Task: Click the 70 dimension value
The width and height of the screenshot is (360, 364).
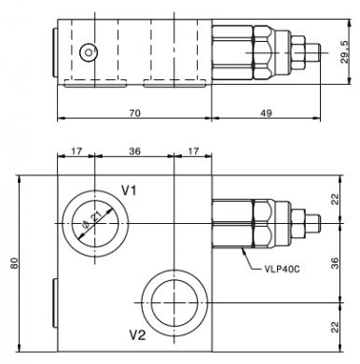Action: click(134, 113)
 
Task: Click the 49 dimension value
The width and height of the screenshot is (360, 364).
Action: click(266, 113)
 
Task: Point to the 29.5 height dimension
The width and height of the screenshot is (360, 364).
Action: click(345, 52)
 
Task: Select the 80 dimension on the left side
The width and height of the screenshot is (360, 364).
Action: click(14, 263)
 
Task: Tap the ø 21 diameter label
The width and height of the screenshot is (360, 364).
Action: click(90, 222)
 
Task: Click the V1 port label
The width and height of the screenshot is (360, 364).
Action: click(129, 190)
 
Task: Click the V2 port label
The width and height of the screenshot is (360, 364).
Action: click(137, 335)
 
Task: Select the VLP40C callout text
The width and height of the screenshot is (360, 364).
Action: click(282, 269)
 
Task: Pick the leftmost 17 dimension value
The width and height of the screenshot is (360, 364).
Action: click(76, 151)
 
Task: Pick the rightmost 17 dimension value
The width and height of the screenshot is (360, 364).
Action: click(193, 151)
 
